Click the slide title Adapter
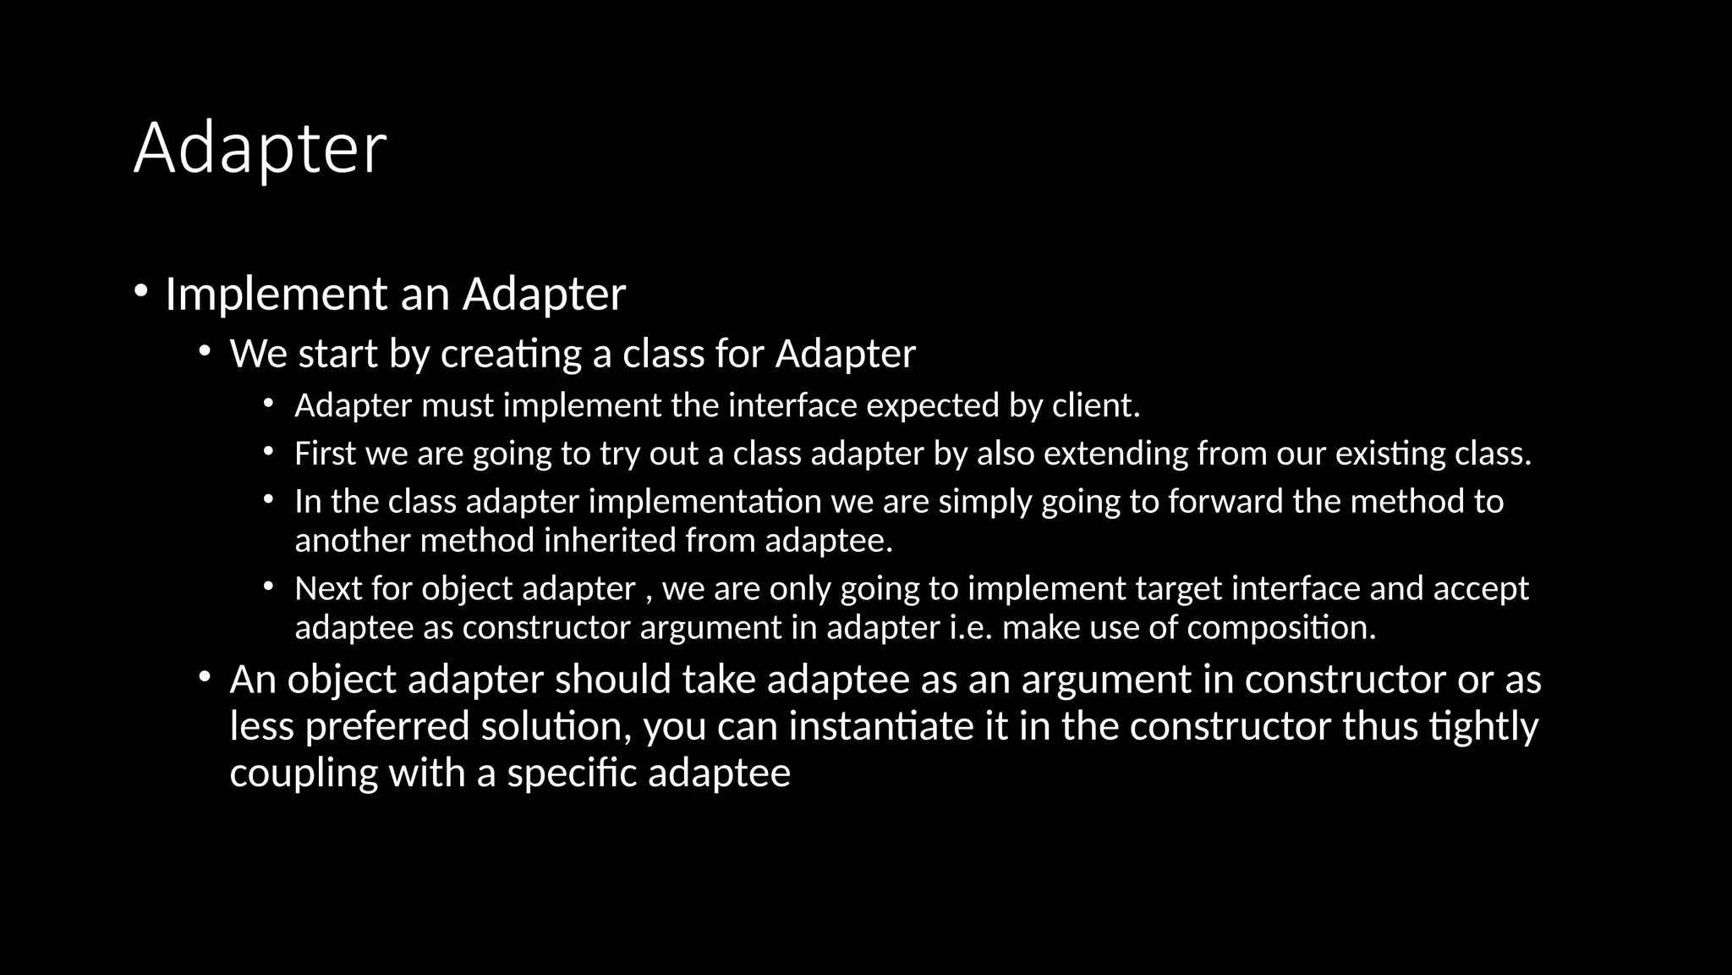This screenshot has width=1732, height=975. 260,149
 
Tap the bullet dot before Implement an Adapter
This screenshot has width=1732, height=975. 140,292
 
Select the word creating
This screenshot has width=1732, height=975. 511,355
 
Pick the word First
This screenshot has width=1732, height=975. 325,454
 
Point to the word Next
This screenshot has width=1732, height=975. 328,589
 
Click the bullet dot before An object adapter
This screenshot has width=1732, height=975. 205,677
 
